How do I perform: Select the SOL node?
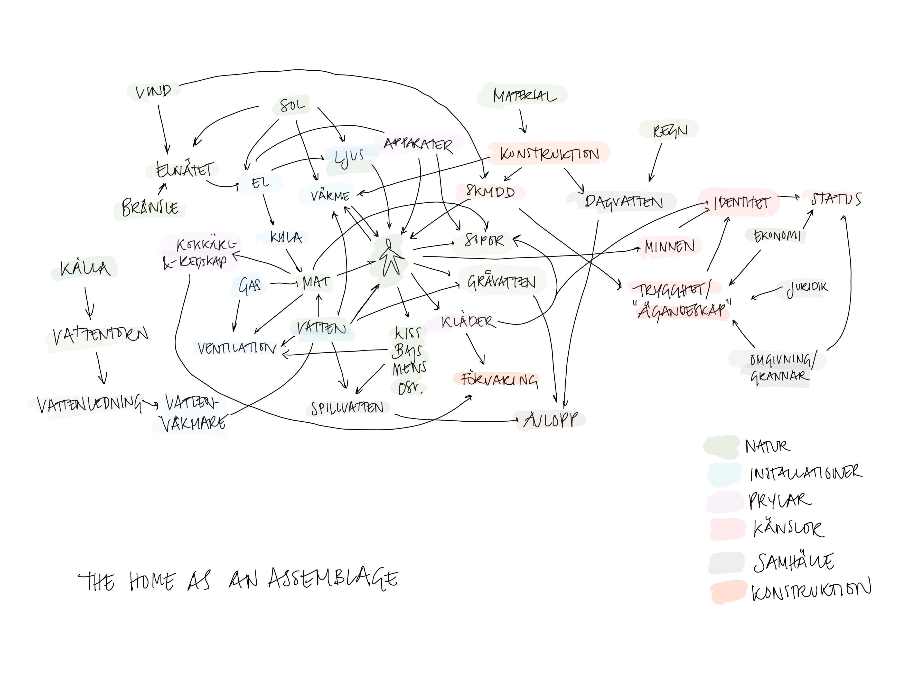tap(292, 106)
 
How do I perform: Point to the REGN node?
tap(670, 131)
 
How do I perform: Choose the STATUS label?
tap(836, 199)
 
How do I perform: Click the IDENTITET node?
tap(741, 202)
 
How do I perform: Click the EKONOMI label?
tap(776, 236)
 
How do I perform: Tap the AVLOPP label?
tap(551, 420)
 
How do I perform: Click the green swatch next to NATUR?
tap(722, 446)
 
